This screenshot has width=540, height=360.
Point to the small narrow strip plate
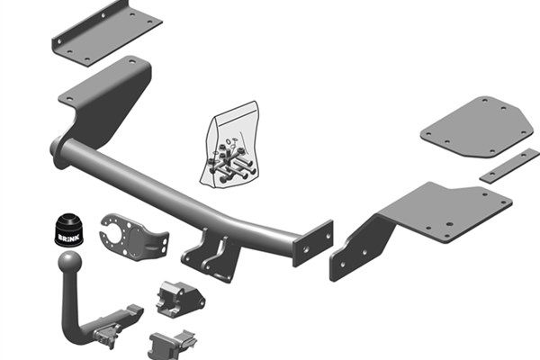coord(508,166)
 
